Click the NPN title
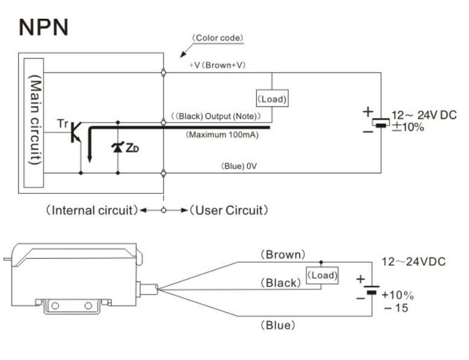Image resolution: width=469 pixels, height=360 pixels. pyautogui.click(x=44, y=27)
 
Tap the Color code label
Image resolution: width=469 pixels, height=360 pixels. pyautogui.click(x=218, y=38)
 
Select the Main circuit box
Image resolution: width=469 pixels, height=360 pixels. pyautogui.click(x=33, y=123)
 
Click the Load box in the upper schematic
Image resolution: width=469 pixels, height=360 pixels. pyautogui.click(x=272, y=98)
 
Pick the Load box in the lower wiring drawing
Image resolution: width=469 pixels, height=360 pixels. pyautogui.click(x=322, y=275)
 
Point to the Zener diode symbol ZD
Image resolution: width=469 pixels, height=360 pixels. pyautogui.click(x=117, y=147)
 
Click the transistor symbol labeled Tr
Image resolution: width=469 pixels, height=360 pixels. pyautogui.click(x=76, y=132)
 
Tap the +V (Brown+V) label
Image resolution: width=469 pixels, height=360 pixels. pyautogui.click(x=218, y=65)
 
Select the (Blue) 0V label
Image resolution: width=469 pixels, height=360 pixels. pyautogui.click(x=239, y=166)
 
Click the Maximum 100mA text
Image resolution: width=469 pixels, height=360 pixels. pyautogui.click(x=222, y=135)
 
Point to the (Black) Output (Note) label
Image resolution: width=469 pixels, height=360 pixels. pyautogui.click(x=216, y=116)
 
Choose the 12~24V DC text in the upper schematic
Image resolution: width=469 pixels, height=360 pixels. pyautogui.click(x=424, y=115)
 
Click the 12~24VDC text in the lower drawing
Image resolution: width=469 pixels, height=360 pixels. pyautogui.click(x=413, y=262)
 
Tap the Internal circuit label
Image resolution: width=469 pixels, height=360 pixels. pyautogui.click(x=91, y=210)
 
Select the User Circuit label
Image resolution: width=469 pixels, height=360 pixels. pyautogui.click(x=229, y=210)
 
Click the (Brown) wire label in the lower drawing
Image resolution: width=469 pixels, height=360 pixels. pyautogui.click(x=283, y=255)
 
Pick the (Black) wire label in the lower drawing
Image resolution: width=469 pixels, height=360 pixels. pyautogui.click(x=280, y=283)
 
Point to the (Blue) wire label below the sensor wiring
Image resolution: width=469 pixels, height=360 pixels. pyautogui.click(x=277, y=325)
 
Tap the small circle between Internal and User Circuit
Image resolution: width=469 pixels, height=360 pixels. pyautogui.click(x=164, y=210)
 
